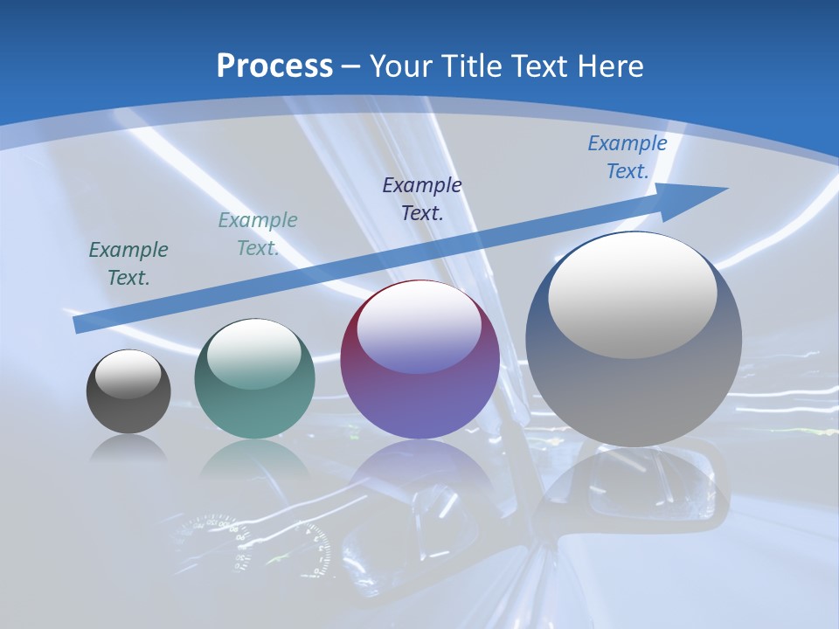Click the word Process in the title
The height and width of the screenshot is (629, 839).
274,66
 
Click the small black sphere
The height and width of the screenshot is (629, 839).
128,392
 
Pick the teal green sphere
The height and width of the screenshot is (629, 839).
254,379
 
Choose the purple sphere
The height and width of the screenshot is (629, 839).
420,360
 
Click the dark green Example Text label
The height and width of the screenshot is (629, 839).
128,264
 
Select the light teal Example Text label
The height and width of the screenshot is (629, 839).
258,234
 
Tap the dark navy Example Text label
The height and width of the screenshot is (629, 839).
422,198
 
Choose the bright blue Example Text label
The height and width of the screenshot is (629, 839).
628,157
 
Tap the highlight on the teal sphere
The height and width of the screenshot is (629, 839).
254,355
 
